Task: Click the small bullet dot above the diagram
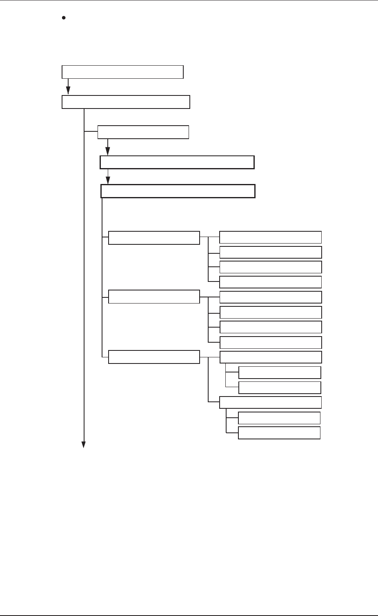pyautogui.click(x=64, y=18)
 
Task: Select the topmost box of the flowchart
pyautogui.click(x=122, y=72)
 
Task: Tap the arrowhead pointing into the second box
pyautogui.click(x=68, y=92)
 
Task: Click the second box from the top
pyautogui.click(x=126, y=102)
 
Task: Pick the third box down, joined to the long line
pyautogui.click(x=143, y=132)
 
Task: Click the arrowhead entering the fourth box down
pyautogui.click(x=108, y=152)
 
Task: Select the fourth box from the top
pyautogui.click(x=177, y=162)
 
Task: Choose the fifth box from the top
pyautogui.click(x=178, y=191)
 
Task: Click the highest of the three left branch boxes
pyautogui.click(x=154, y=238)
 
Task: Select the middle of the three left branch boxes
pyautogui.click(x=154, y=297)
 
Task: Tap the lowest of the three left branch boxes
pyautogui.click(x=154, y=357)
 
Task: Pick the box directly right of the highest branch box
pyautogui.click(x=270, y=237)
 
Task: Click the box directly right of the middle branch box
pyautogui.click(x=271, y=297)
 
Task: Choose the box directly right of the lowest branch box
pyautogui.click(x=271, y=357)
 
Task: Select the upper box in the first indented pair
pyautogui.click(x=280, y=372)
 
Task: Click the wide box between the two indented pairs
pyautogui.click(x=270, y=402)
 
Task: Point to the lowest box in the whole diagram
pyautogui.click(x=279, y=432)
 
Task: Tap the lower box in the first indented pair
pyautogui.click(x=280, y=387)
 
